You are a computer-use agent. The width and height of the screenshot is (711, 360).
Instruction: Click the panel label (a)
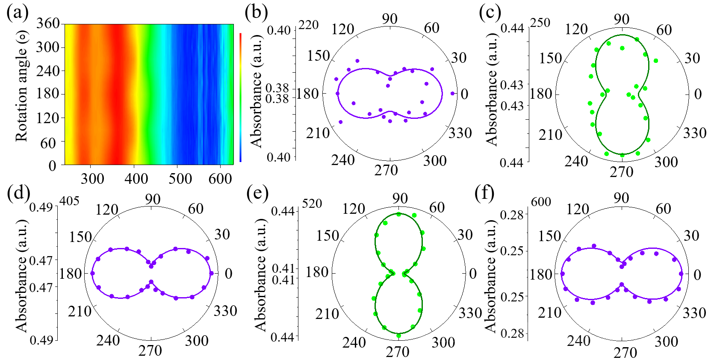coord(17,12)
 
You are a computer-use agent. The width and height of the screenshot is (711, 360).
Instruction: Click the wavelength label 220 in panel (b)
coord(308,25)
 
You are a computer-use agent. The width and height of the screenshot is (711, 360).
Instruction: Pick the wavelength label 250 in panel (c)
coord(540,23)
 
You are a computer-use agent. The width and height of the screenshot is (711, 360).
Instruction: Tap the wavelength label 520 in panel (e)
coord(312,203)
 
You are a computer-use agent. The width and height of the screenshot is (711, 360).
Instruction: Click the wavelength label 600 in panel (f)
coord(541,201)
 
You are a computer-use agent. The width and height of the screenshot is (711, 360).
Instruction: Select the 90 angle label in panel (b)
coord(389,18)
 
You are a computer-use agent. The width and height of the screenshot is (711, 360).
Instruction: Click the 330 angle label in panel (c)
coord(694,133)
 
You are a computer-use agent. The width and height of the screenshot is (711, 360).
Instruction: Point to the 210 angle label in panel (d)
coord(80,311)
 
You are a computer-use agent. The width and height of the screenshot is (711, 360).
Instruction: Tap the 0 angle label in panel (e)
coord(472,273)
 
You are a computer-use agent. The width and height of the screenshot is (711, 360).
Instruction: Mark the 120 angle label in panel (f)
coord(578,209)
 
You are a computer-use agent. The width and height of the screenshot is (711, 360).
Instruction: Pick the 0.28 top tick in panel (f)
coord(512,215)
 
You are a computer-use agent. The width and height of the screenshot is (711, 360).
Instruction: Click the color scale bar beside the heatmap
coord(241,97)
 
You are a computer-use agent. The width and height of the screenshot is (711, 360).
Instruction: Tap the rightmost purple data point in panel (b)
coord(452,93)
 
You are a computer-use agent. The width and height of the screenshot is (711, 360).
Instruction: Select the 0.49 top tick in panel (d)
coord(41,207)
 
